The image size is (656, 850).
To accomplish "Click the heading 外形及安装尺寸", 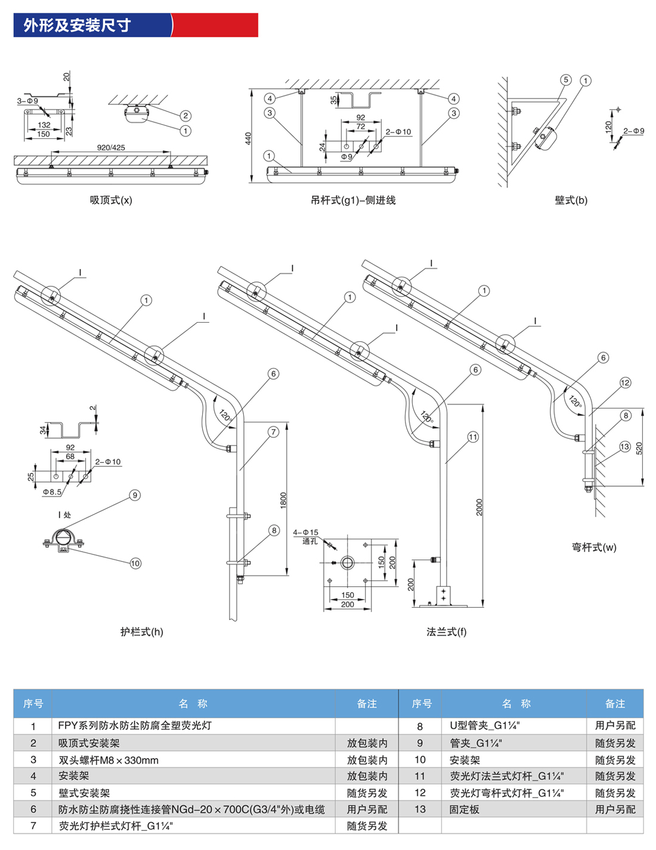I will pos(77,25).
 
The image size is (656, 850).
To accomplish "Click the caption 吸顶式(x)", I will pos(111,200).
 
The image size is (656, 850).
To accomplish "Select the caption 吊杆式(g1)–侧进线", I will pos(352,200).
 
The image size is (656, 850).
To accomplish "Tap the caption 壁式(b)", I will pos(571,200).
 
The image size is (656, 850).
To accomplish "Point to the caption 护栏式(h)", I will pos(141,632).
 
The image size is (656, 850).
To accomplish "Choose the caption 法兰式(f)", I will pos(446,632).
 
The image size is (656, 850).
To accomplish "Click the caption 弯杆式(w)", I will pos(594,547).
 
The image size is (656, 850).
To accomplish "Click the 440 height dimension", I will pos(249,138).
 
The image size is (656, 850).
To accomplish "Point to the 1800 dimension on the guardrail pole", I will pos(283,500).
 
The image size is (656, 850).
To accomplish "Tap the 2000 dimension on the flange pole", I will pos(479,507).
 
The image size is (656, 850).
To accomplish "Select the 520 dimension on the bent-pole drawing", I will pos(639,449).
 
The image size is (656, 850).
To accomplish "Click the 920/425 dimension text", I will pos(111,147).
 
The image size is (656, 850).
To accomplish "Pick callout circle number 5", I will pos(565,80).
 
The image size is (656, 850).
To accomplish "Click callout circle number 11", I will pos(473,437).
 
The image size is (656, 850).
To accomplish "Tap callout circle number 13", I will pos(624,447).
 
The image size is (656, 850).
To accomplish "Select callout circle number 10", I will pos(135,563).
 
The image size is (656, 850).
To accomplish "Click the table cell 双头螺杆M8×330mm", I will pos(109,760).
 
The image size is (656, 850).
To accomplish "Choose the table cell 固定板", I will pos(465,809).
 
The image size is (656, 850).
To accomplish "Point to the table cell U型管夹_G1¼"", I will pos(485,726).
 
